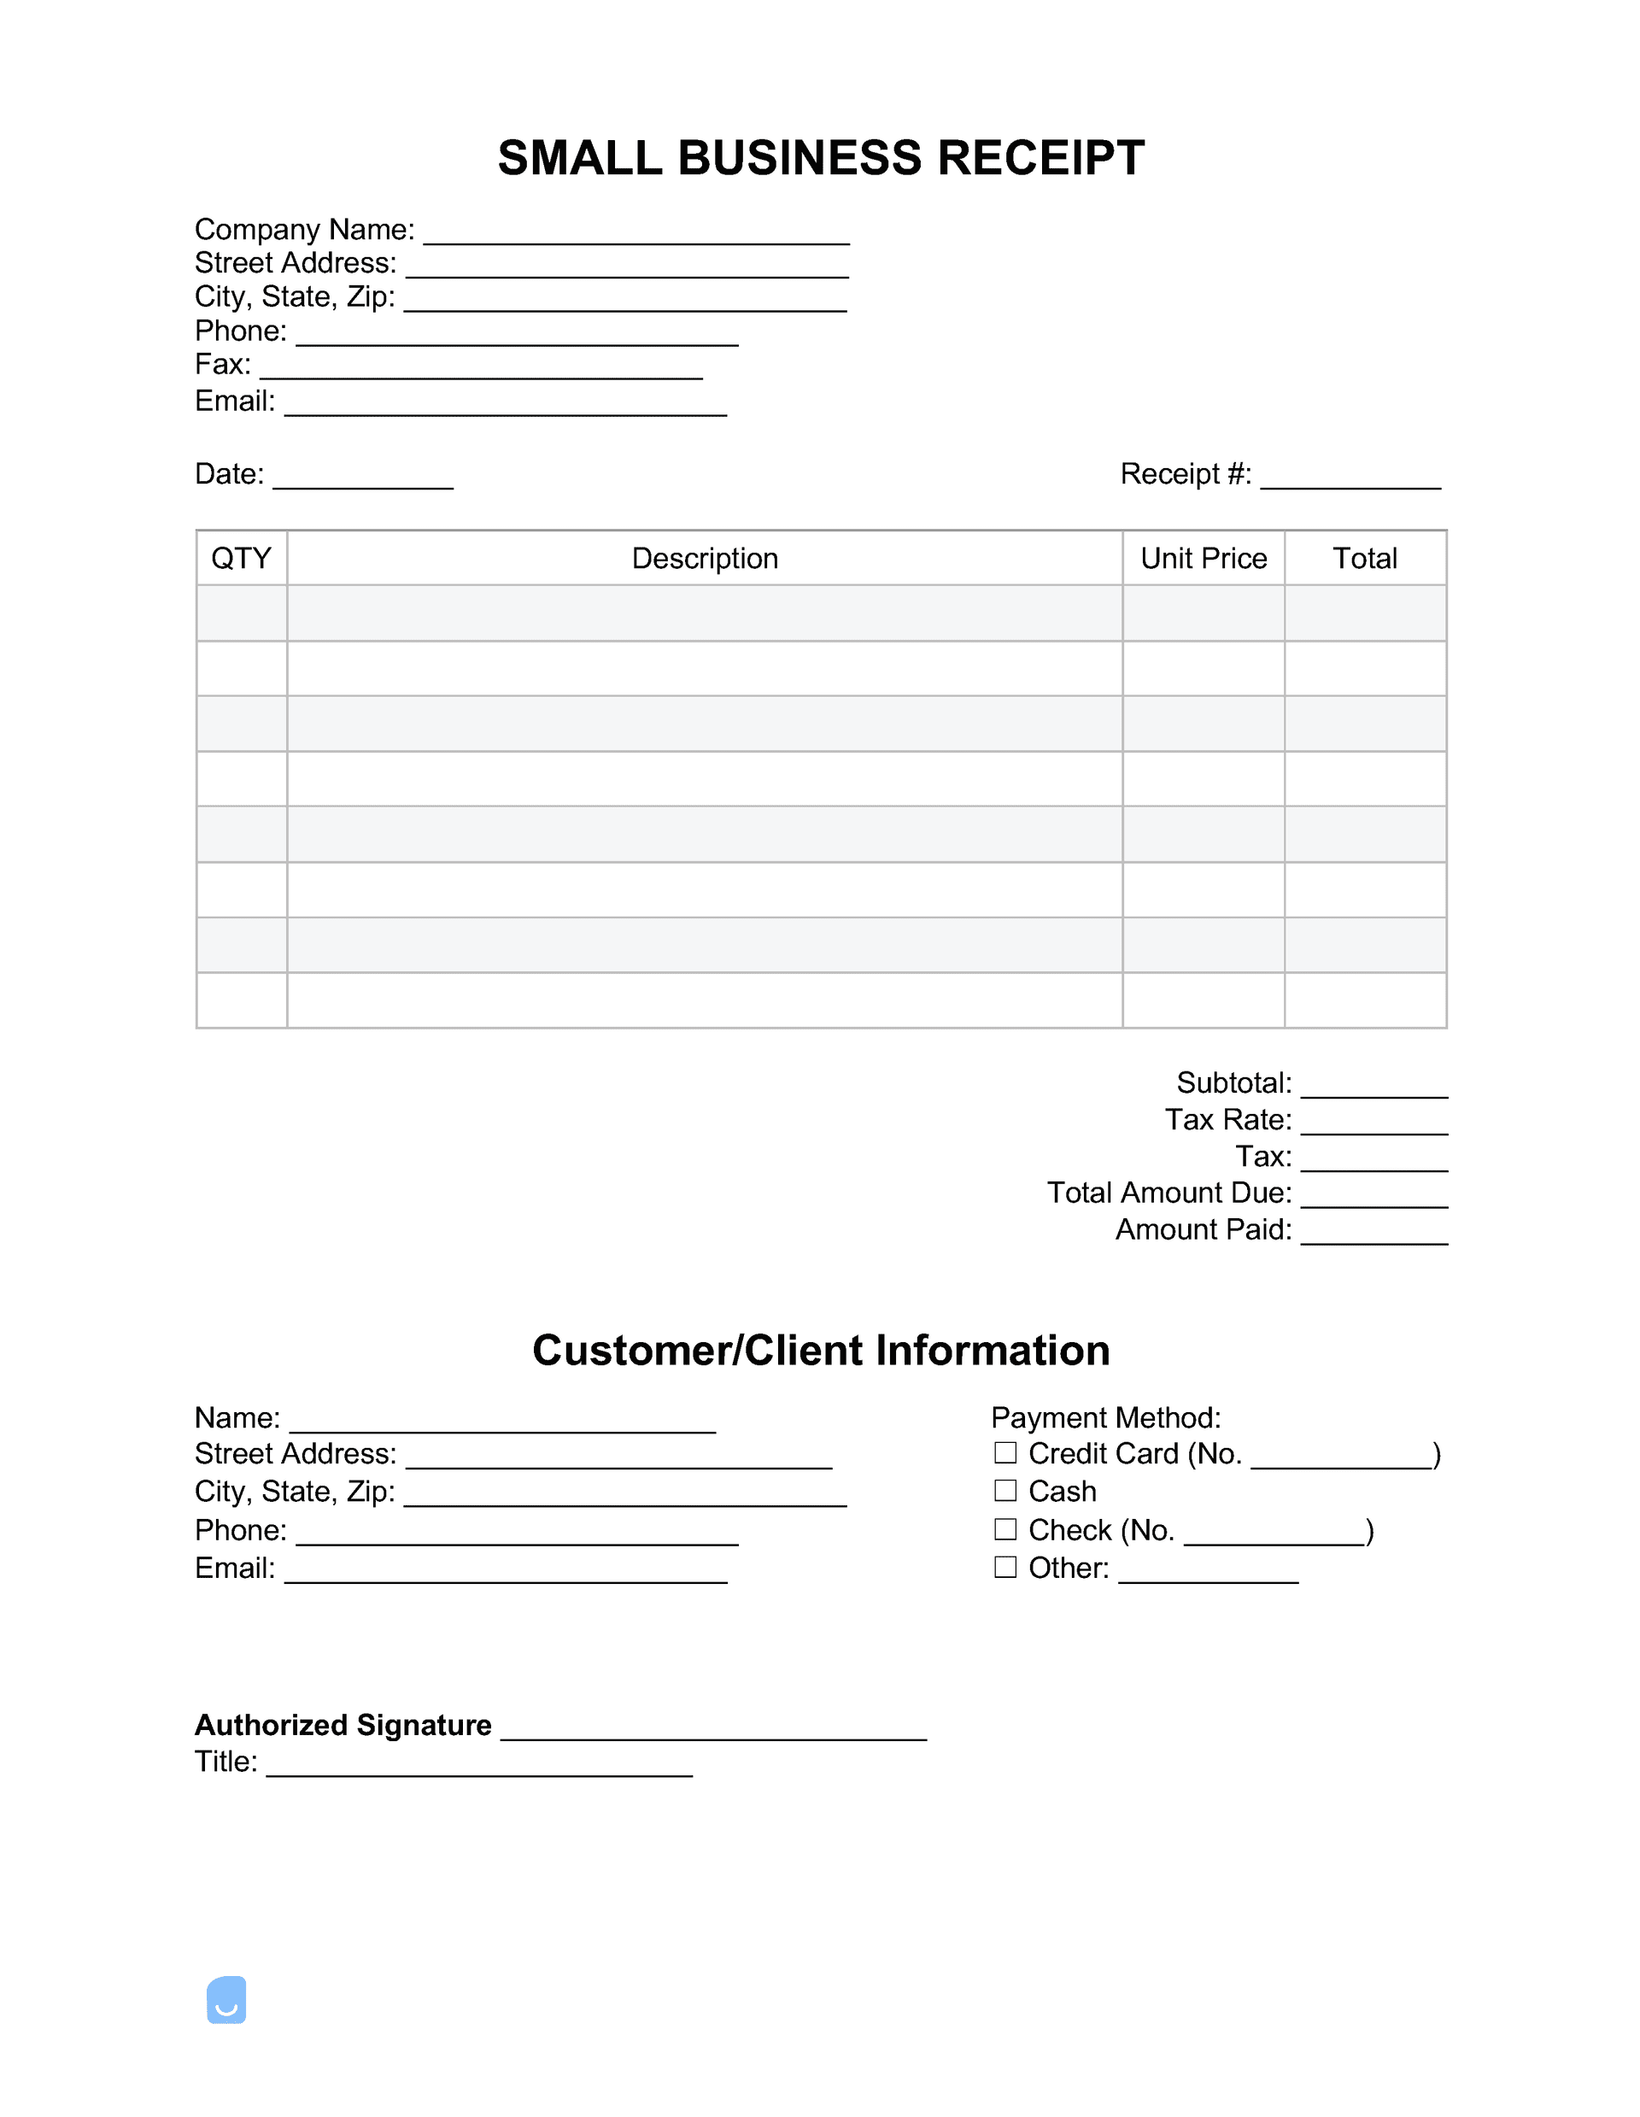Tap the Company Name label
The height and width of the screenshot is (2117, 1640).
pos(304,230)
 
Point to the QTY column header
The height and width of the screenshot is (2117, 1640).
pos(242,559)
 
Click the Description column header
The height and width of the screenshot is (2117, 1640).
pos(705,559)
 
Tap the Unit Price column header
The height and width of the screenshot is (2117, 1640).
pos(1203,559)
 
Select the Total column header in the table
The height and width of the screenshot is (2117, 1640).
pos(1365,559)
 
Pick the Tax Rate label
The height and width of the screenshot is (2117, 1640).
pos(1228,1119)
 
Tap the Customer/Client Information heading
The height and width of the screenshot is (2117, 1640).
pos(821,1351)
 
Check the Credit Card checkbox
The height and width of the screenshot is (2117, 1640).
pos(1005,1453)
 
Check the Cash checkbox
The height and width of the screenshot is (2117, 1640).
pos(1005,1490)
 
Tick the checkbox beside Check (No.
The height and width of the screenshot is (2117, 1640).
pos(1005,1528)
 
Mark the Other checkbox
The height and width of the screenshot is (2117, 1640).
pos(1005,1567)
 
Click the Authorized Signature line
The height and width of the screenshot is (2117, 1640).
pos(713,1729)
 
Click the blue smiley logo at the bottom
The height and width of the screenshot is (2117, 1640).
pos(227,2000)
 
